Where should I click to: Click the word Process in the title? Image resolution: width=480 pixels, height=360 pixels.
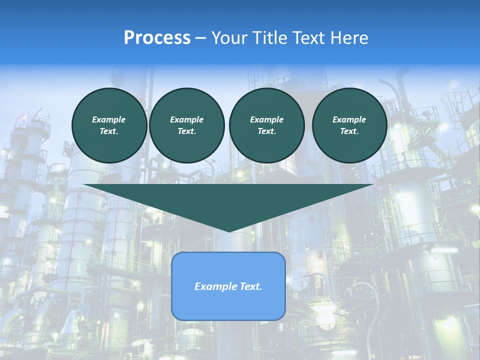(x=157, y=38)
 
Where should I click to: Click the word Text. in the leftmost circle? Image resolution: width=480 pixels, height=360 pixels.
(x=109, y=131)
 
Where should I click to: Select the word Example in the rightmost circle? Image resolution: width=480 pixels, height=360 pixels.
(x=349, y=119)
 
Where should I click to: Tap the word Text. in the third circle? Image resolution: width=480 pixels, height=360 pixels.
(x=266, y=131)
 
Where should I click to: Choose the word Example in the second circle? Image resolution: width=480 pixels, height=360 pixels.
(x=186, y=119)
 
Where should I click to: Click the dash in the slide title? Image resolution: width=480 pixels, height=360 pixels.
(x=201, y=38)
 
